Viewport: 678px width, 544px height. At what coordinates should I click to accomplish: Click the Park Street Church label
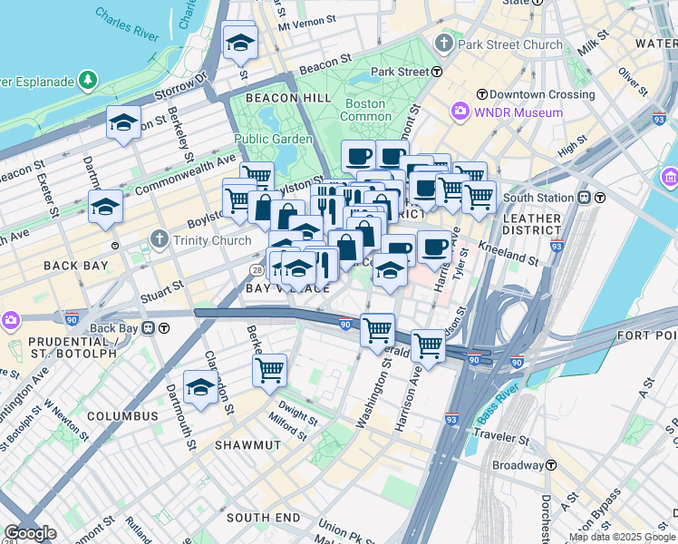pyautogui.click(x=510, y=44)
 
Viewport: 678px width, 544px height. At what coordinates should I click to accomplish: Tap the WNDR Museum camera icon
pyautogui.click(x=460, y=112)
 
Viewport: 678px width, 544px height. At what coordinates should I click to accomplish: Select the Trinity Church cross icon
pyautogui.click(x=160, y=239)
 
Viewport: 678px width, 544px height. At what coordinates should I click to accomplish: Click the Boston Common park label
pyautogui.click(x=365, y=110)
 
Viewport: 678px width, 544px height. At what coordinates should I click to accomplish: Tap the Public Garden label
pyautogui.click(x=273, y=139)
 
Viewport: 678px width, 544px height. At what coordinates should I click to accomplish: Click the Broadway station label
pyautogui.click(x=517, y=466)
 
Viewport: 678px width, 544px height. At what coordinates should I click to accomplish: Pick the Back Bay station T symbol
pyautogui.click(x=165, y=328)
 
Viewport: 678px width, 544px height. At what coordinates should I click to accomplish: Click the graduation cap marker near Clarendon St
pyautogui.click(x=200, y=387)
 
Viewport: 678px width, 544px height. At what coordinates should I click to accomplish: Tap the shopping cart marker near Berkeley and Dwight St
pyautogui.click(x=269, y=370)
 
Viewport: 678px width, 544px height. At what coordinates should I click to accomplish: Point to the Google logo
pyautogui.click(x=30, y=534)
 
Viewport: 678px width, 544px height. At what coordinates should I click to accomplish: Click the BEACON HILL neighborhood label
pyautogui.click(x=278, y=97)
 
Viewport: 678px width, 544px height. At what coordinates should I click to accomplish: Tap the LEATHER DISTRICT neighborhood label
pyautogui.click(x=531, y=225)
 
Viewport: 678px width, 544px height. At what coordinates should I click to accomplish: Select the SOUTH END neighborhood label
pyautogui.click(x=263, y=517)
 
